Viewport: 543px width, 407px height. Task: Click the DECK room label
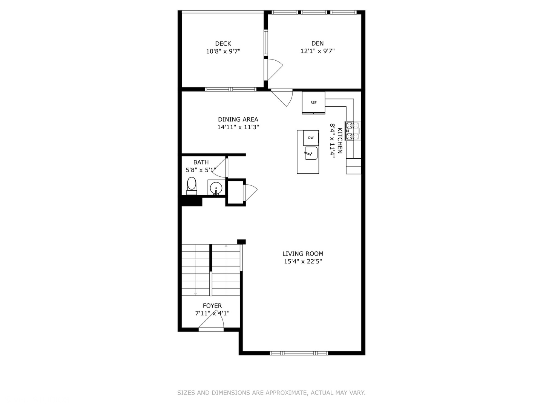click(x=223, y=44)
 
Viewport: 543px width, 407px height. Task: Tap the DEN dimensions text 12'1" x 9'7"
click(x=318, y=51)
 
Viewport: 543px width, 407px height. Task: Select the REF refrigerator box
click(x=313, y=103)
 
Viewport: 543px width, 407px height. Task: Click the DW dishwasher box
click(x=311, y=138)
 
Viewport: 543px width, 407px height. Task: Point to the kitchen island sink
click(x=311, y=153)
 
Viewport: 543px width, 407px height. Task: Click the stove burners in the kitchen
click(x=350, y=131)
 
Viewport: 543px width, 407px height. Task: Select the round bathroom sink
click(x=216, y=188)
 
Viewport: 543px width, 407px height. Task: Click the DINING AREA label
click(x=238, y=119)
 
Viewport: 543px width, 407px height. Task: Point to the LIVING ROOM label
click(x=303, y=254)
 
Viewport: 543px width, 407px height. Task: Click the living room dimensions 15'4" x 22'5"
click(x=303, y=262)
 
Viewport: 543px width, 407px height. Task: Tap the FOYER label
click(x=212, y=306)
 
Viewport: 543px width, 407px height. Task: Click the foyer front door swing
click(x=213, y=320)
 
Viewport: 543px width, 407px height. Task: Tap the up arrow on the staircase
click(x=226, y=246)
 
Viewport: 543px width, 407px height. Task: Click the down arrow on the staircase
click(x=195, y=293)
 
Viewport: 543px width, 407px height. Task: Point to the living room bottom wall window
click(x=299, y=353)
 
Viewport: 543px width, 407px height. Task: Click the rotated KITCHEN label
click(x=340, y=141)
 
